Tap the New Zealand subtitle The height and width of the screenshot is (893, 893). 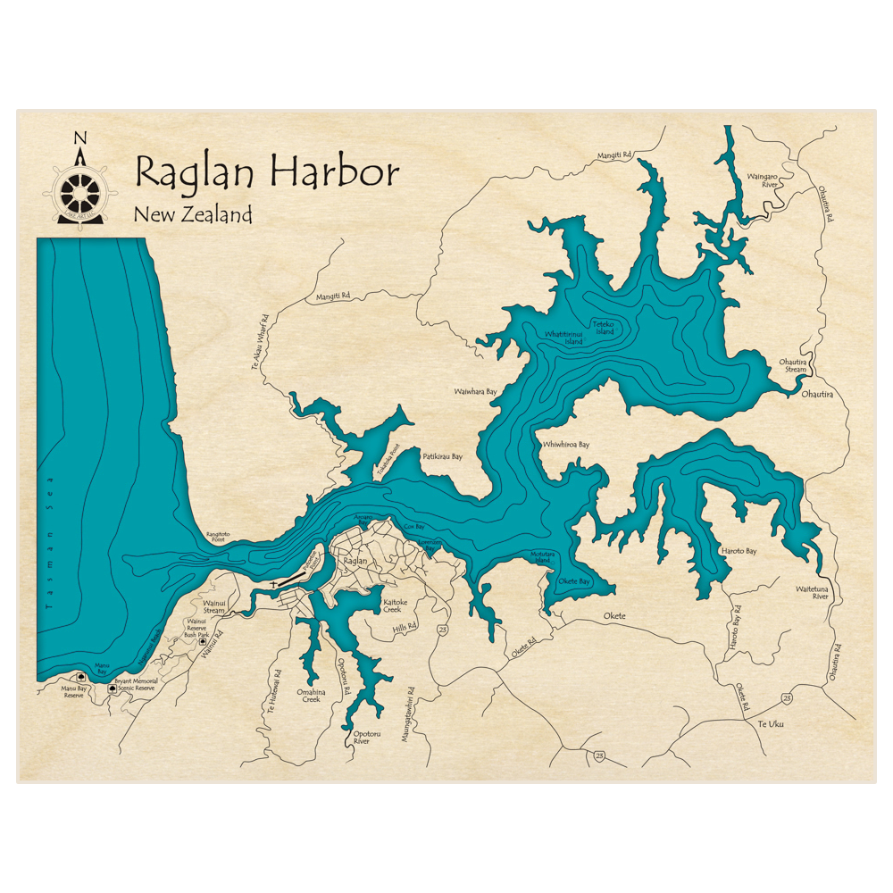193,215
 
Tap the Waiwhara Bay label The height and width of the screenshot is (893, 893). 475,391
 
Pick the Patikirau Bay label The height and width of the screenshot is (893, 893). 442,456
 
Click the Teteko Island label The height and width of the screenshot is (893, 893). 604,328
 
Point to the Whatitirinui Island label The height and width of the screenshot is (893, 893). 564,338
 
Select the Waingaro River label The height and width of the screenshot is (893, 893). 764,181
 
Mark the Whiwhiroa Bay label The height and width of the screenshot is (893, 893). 566,444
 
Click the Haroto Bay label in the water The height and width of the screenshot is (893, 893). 739,551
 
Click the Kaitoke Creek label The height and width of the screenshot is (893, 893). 396,605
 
